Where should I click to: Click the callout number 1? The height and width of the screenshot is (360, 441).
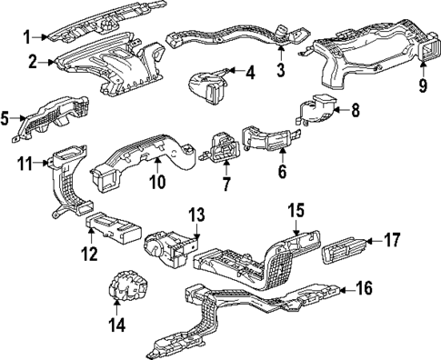pos(27,36)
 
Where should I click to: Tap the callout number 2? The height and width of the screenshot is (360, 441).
pos(31,62)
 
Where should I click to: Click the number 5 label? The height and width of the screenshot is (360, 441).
pos(5,117)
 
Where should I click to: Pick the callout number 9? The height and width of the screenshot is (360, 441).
pos(422,88)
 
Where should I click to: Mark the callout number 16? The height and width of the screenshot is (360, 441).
pos(365,291)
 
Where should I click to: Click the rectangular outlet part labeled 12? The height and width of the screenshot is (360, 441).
pos(111,229)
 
